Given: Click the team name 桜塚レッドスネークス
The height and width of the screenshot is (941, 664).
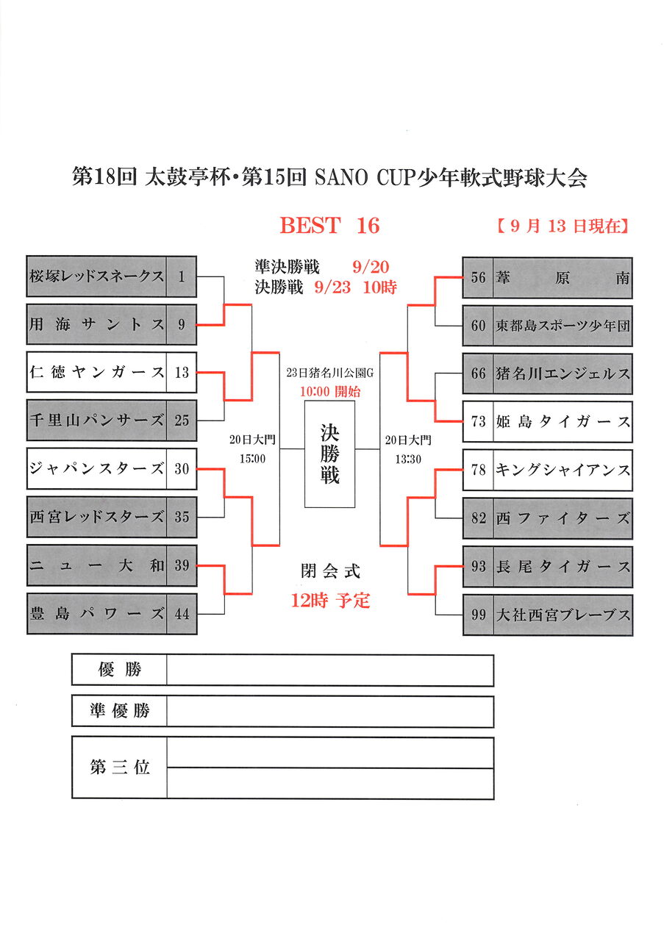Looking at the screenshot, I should point(96,276).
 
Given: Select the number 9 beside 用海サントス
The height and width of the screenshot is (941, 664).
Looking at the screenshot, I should point(182,324).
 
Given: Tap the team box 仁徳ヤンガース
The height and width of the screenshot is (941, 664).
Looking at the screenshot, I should point(96,373).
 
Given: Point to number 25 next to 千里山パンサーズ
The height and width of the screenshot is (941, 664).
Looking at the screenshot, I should point(182,421).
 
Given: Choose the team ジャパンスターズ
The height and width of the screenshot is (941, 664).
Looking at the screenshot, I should point(96,468).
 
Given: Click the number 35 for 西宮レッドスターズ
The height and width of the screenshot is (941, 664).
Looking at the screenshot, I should point(182,517).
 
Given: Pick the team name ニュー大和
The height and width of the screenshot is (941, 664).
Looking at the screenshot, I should point(96,565).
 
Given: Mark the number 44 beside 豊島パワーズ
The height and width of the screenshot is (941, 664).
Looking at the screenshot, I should point(182,613).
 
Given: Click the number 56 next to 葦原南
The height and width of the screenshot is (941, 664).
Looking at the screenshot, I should point(479,278).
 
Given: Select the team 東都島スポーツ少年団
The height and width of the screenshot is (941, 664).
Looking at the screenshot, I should point(563,326).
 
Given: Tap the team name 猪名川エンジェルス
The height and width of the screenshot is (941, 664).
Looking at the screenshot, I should point(563,373).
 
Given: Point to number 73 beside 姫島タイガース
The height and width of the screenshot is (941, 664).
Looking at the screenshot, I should point(479,422).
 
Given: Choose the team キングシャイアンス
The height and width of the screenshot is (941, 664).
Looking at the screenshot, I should point(563,470).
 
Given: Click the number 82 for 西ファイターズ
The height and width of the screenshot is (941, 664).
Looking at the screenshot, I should point(479,518).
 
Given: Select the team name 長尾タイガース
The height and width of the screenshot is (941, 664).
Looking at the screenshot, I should point(563,566).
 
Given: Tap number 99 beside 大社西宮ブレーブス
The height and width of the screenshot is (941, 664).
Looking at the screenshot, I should point(479,615).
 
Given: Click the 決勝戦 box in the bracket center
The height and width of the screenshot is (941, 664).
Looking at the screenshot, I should point(329,454).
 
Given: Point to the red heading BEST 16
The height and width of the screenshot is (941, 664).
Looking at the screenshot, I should point(329,226).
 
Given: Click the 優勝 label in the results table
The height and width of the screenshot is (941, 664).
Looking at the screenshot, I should point(120,670).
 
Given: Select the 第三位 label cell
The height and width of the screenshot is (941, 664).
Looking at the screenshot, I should point(120,768).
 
